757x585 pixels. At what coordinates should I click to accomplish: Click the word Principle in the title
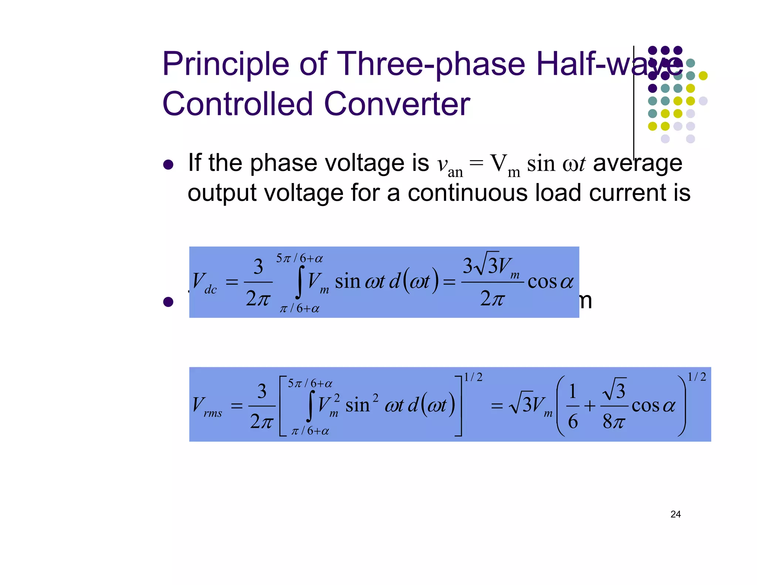pos(225,65)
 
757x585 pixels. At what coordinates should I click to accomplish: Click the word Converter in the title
pos(397,104)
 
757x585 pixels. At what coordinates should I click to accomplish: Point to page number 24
pos(675,514)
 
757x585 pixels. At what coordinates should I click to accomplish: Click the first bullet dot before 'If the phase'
pos(168,165)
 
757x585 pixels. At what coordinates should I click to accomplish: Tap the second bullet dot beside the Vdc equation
pos(168,302)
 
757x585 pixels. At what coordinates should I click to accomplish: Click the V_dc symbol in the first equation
pos(204,283)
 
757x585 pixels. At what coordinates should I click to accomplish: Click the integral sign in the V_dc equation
pos(301,282)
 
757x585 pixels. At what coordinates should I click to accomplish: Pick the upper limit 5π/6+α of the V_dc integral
pos(299,258)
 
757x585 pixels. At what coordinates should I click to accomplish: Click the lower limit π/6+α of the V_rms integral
pos(310,431)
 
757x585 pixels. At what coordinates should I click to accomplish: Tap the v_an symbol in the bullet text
pos(449,166)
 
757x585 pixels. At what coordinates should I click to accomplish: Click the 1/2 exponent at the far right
pos(697,377)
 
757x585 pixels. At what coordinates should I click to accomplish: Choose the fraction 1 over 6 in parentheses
pos(573,406)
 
